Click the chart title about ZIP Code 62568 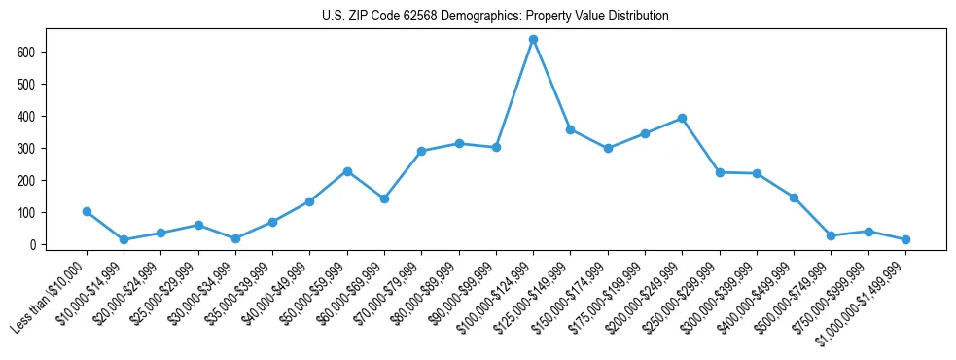495,17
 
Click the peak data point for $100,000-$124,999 533,39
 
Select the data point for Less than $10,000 87,211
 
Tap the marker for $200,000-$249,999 682,118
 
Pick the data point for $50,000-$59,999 347,171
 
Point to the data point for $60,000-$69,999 384,198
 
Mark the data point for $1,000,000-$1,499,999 905,239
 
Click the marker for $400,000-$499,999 794,198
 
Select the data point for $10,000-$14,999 124,239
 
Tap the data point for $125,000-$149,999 570,129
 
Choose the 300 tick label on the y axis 28,148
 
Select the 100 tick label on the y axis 28,213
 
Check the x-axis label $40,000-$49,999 274,297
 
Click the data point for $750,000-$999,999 868,232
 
